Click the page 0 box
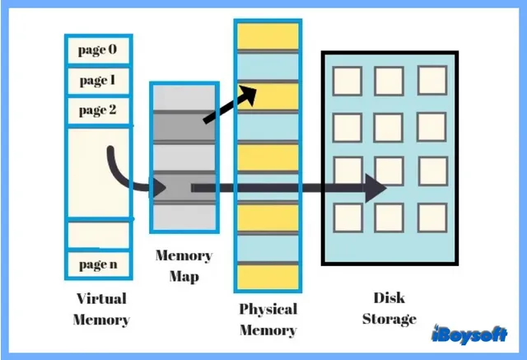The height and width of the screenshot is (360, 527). pyautogui.click(x=97, y=50)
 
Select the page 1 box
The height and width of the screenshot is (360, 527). pyautogui.click(x=97, y=81)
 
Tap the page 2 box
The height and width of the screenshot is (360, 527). pyautogui.click(x=97, y=110)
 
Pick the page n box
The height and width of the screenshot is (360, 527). pyautogui.click(x=97, y=264)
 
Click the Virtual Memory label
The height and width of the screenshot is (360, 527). pyautogui.click(x=100, y=309)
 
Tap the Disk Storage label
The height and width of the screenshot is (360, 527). pyautogui.click(x=389, y=309)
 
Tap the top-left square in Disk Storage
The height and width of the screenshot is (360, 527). pyautogui.click(x=347, y=82)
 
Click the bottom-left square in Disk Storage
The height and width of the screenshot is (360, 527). pyautogui.click(x=347, y=217)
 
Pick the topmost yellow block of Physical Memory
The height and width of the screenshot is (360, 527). pyautogui.click(x=266, y=33)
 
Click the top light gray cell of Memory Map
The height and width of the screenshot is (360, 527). pyautogui.click(x=184, y=98)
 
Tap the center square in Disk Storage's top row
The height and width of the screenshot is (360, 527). pyautogui.click(x=389, y=82)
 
